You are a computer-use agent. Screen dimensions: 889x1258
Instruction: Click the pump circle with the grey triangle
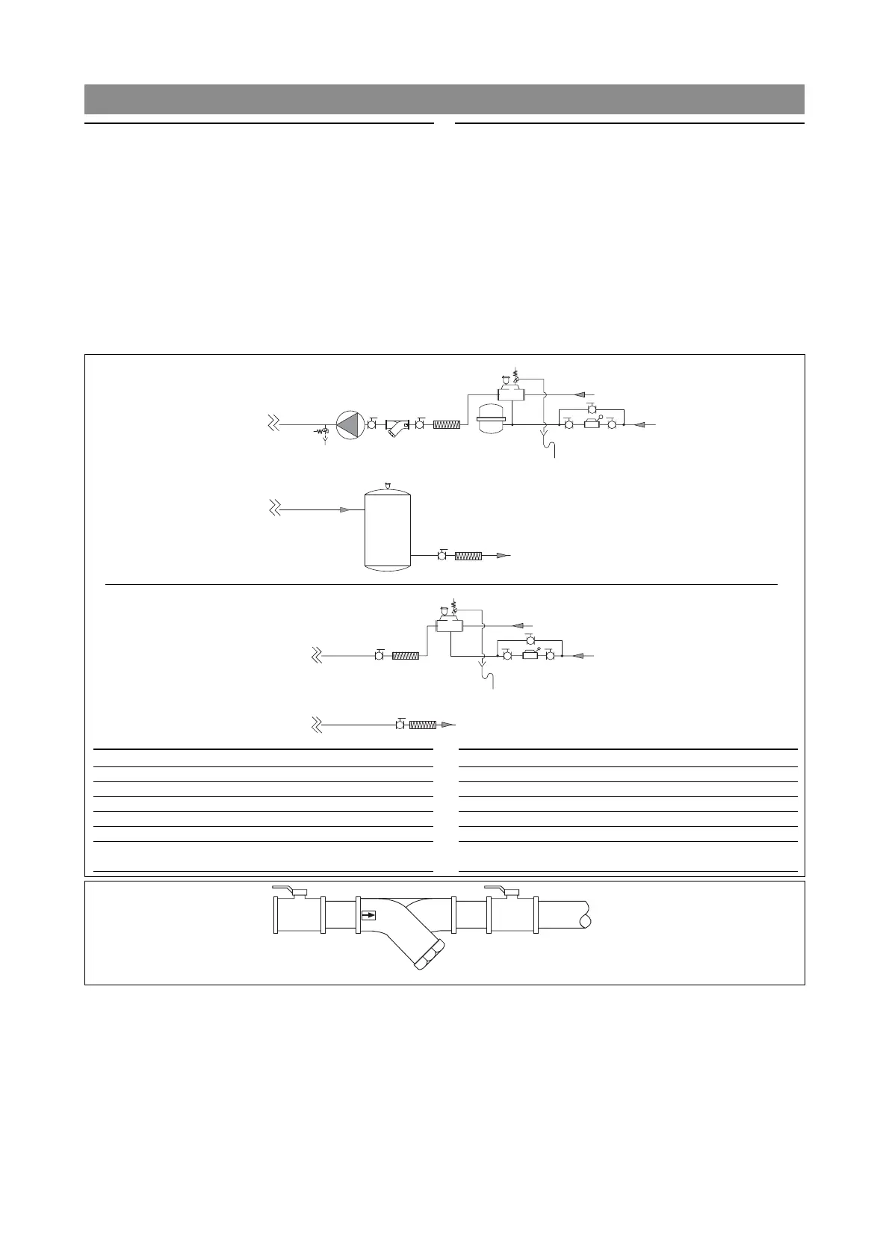click(347, 424)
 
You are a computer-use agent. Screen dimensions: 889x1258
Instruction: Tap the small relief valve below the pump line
click(323, 432)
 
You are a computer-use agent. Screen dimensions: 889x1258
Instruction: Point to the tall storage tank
click(387, 530)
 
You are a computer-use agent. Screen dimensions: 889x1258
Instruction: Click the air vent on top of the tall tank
click(387, 486)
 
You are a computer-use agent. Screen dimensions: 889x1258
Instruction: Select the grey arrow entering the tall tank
click(345, 509)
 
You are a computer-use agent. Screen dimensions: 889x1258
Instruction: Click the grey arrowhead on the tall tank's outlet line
click(504, 556)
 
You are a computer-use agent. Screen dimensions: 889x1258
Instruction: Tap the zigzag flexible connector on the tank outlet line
click(468, 556)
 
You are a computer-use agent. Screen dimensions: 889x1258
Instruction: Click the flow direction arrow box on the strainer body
click(368, 915)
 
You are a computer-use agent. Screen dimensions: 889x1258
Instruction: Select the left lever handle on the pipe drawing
click(285, 889)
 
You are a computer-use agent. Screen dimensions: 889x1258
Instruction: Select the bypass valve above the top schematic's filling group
click(591, 409)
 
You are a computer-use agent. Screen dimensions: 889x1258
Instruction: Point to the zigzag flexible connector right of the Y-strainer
click(447, 424)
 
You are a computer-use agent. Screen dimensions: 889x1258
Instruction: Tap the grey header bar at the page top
click(444, 99)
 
